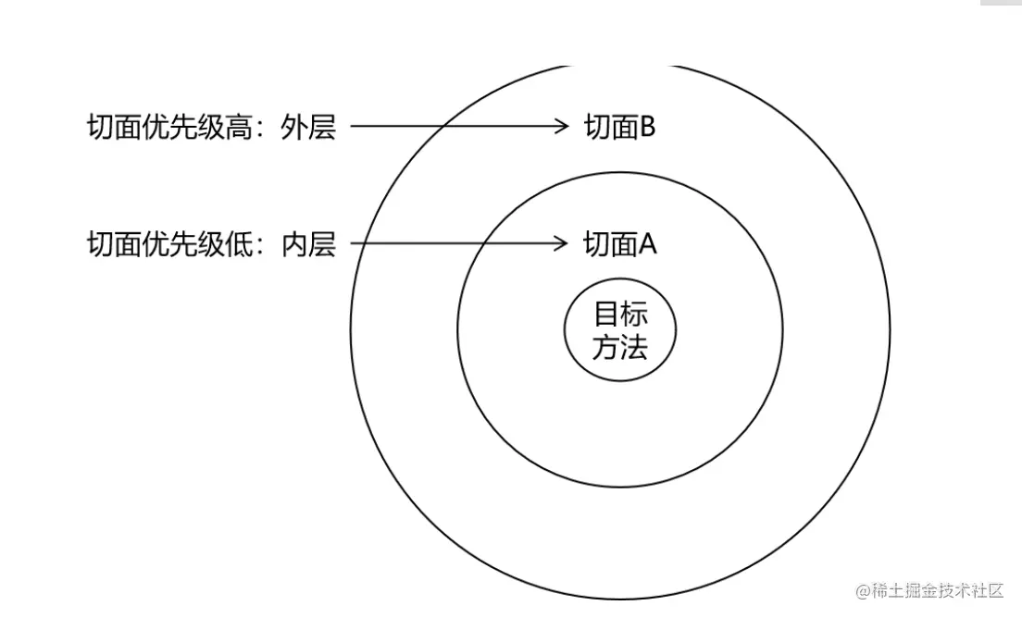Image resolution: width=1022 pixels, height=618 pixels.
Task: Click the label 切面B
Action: [x=619, y=127]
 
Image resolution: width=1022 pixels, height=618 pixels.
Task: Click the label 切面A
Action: [x=619, y=244]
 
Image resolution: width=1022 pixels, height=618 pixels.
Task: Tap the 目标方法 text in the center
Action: [x=620, y=330]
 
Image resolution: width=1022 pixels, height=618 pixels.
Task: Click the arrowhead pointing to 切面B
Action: [x=561, y=127]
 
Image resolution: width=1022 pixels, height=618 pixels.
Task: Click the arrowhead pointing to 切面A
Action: [x=561, y=244]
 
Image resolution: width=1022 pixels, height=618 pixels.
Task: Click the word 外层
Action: [x=308, y=127]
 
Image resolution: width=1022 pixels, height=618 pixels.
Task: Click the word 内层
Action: [x=308, y=244]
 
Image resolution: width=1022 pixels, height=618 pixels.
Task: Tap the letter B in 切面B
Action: [x=647, y=127]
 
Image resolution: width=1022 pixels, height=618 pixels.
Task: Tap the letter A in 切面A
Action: [x=647, y=244]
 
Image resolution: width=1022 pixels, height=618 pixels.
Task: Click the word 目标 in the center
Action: [x=620, y=314]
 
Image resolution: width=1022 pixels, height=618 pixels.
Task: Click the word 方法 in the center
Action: [x=620, y=347]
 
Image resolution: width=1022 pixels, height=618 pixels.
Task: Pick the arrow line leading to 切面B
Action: [x=454, y=127]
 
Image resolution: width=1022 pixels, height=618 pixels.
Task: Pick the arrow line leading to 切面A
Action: [x=454, y=244]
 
